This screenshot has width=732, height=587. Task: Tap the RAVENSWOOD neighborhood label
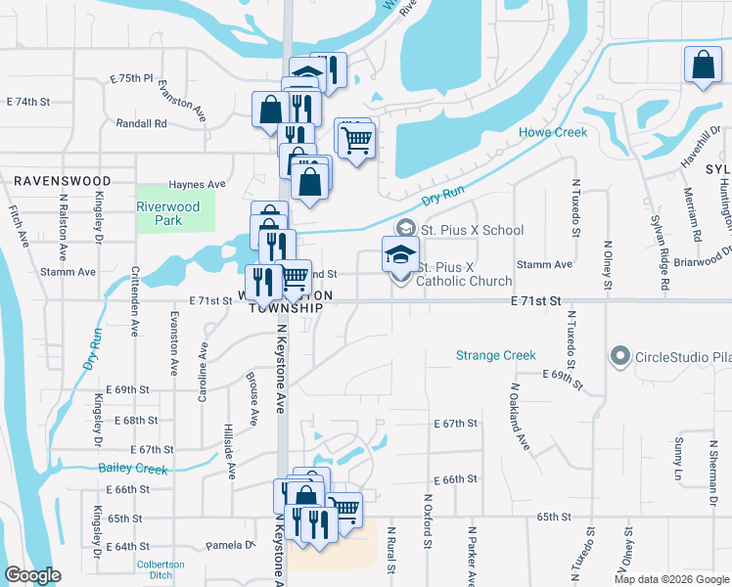[62, 181]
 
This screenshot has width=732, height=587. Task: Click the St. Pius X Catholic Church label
[464, 274]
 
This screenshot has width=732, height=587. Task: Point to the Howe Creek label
[552, 132]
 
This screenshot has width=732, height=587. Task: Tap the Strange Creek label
[496, 355]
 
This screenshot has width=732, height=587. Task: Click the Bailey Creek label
[134, 469]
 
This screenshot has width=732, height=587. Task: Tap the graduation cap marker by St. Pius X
[400, 254]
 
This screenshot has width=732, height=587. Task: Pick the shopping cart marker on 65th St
[343, 509]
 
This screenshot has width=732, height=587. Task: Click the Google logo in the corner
[32, 575]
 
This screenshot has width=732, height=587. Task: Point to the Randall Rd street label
[141, 124]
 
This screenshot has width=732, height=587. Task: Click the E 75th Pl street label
[132, 77]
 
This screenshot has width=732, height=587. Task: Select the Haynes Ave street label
[197, 184]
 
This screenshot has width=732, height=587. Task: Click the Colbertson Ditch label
[160, 569]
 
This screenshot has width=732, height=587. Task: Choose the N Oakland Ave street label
[519, 416]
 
